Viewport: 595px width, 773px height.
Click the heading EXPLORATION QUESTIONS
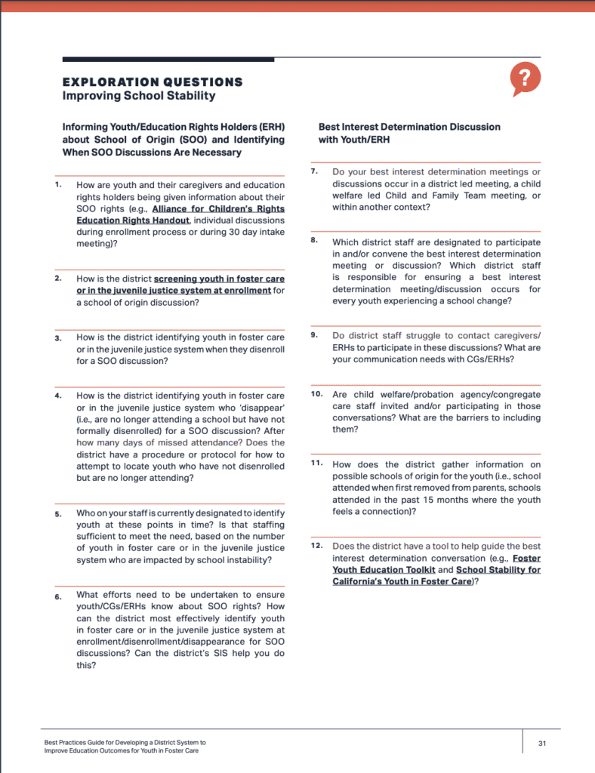[153, 82]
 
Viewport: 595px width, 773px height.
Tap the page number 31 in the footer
[542, 743]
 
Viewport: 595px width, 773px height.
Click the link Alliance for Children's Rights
[218, 208]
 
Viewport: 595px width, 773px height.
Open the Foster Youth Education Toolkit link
[526, 558]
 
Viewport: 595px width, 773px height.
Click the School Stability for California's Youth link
[498, 570]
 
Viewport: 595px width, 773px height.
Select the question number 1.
[58, 184]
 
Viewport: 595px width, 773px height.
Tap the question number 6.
[58, 595]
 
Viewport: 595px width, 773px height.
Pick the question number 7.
[314, 171]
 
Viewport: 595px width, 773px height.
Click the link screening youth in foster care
[219, 279]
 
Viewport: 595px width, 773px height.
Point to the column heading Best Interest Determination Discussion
[409, 127]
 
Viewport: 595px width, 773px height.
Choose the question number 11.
[317, 463]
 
